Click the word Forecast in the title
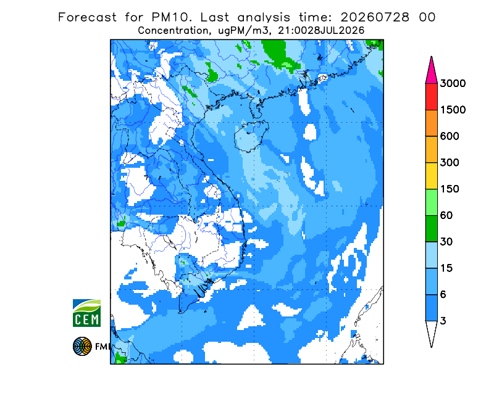point(87,17)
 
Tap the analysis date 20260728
point(375,17)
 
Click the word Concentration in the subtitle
point(174,31)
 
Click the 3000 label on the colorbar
point(453,83)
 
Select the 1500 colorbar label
point(453,110)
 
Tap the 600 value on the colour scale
point(450,136)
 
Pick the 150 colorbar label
point(450,189)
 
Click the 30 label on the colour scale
point(446,242)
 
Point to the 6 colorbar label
point(443,295)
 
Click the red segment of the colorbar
point(431,97)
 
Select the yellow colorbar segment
point(431,176)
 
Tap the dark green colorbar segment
point(431,229)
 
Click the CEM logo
point(86,313)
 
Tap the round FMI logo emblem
point(82,346)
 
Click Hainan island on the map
point(251,136)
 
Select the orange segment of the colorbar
point(431,123)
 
